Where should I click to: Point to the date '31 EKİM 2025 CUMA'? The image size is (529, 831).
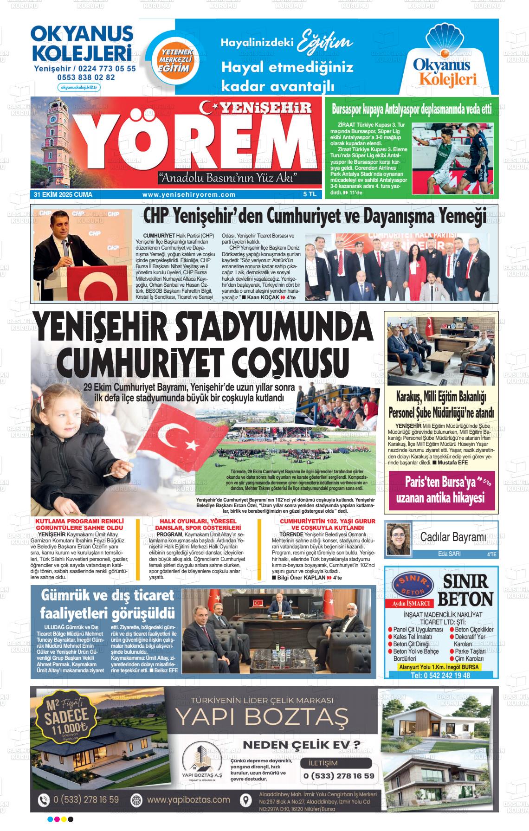[63, 195]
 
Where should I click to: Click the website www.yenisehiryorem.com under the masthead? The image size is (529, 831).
[189, 195]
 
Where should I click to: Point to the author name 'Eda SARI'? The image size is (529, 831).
[449, 554]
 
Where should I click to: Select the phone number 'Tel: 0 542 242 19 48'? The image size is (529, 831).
[440, 676]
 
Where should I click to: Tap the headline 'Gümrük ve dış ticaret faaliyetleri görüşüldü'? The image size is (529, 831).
[107, 604]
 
